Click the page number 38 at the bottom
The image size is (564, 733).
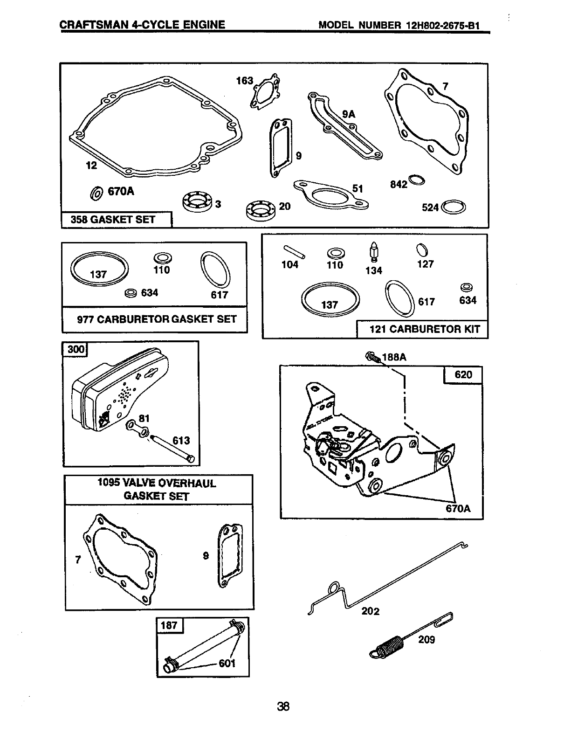[x=283, y=706]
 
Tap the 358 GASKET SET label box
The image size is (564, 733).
[x=117, y=220]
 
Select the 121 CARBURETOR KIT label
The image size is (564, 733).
[x=424, y=329]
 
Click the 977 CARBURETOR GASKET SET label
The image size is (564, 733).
[x=156, y=319]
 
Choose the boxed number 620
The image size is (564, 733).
[x=463, y=374]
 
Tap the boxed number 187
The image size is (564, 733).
[x=169, y=625]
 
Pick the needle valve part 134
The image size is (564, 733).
[x=374, y=252]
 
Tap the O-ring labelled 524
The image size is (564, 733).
[x=454, y=207]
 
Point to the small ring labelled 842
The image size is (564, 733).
[x=416, y=180]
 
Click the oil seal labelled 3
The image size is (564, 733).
[x=196, y=201]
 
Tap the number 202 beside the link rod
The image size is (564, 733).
[x=370, y=611]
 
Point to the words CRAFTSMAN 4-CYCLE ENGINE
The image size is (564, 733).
[x=143, y=25]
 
